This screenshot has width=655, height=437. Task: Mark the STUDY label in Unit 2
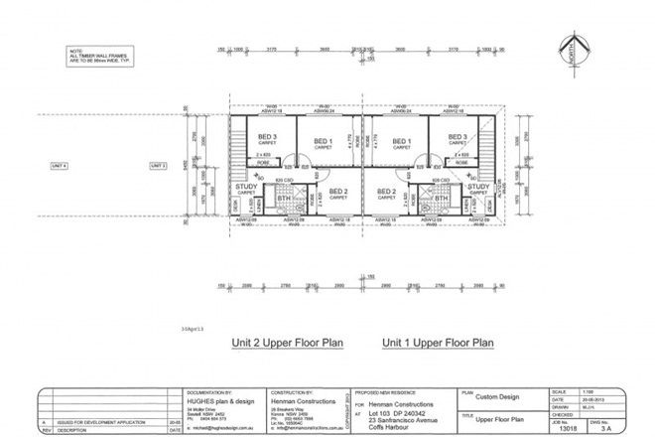tap(246, 186)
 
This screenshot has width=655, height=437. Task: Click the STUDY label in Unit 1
tap(479, 186)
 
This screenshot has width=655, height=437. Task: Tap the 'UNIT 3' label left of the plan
tap(158, 165)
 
